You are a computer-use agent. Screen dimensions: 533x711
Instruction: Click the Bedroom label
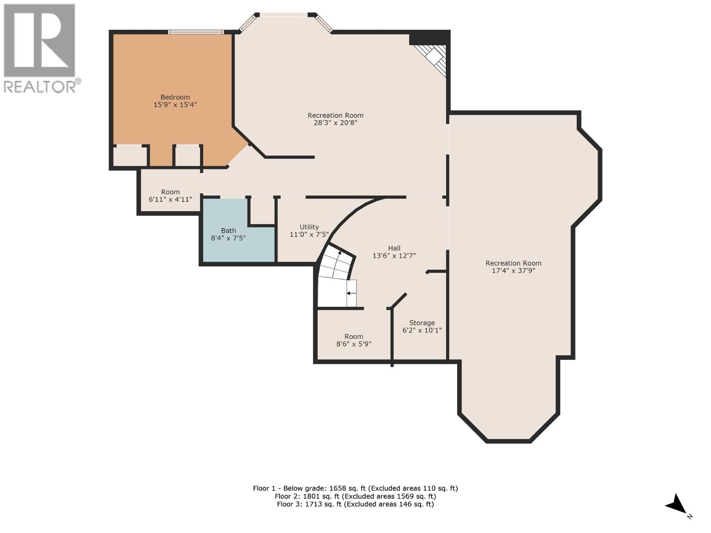point(175,97)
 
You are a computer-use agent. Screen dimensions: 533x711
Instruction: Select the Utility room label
point(309,227)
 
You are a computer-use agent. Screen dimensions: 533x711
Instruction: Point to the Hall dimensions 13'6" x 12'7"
point(394,256)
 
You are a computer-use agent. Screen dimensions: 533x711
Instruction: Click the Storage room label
point(422,323)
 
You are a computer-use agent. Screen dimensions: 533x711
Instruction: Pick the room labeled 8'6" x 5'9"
point(354,340)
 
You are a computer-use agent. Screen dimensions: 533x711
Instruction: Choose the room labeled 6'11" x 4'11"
point(170,196)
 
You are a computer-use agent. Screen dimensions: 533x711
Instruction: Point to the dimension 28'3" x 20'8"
point(336,123)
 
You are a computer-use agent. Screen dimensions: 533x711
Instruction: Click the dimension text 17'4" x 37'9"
point(513,270)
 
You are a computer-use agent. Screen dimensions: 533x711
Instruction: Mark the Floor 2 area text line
point(355,496)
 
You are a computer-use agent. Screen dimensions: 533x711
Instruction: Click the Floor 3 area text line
point(355,504)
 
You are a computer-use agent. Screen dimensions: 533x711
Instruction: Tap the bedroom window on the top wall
point(196,32)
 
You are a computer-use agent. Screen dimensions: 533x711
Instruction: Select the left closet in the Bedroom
point(130,156)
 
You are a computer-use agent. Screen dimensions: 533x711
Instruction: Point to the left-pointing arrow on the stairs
point(351,293)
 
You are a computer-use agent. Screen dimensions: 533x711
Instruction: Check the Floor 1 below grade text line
point(355,488)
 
